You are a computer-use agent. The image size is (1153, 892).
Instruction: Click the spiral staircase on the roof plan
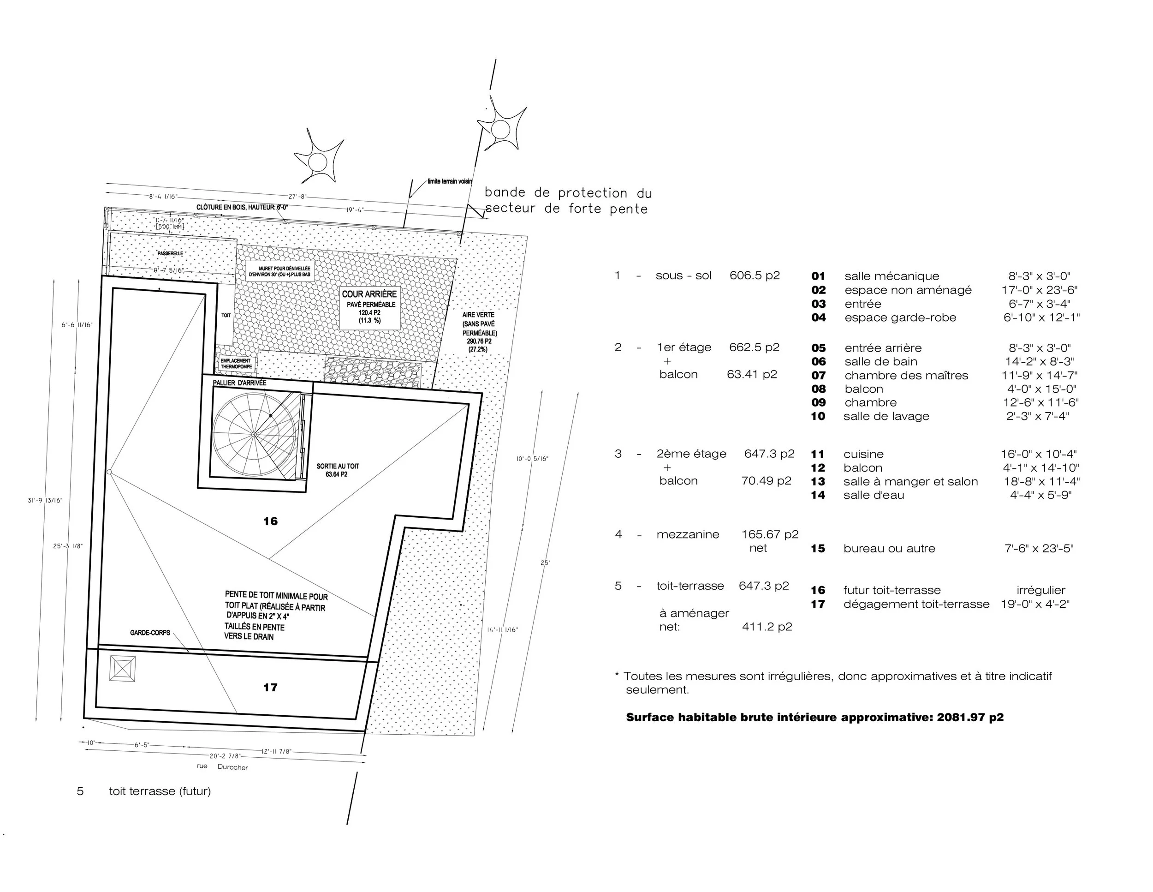[x=255, y=434]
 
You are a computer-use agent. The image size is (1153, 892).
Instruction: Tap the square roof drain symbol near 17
[x=123, y=668]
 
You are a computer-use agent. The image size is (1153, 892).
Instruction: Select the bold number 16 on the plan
[x=270, y=521]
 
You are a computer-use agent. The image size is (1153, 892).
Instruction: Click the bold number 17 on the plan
[x=270, y=688]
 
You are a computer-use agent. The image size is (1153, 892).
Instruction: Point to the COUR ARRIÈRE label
[x=369, y=294]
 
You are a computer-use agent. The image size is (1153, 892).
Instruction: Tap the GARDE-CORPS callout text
[x=150, y=633]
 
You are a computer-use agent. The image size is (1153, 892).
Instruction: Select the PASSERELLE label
[x=170, y=253]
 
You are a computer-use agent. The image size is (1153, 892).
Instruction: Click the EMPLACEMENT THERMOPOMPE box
[x=236, y=363]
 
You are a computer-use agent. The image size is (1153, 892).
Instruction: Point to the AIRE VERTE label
[x=478, y=315]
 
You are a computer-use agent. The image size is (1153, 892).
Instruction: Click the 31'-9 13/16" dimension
[x=45, y=501]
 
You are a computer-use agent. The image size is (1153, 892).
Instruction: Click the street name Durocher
[x=232, y=767]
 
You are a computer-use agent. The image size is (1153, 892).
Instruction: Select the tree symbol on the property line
[x=500, y=128]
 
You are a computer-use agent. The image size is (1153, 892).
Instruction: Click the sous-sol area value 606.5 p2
[x=755, y=275]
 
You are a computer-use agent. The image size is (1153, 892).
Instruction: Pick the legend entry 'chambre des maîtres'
[x=906, y=376]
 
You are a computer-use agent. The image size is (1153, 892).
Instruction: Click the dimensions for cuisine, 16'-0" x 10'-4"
[x=1039, y=454]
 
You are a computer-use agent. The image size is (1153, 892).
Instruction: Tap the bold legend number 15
[x=818, y=549]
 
